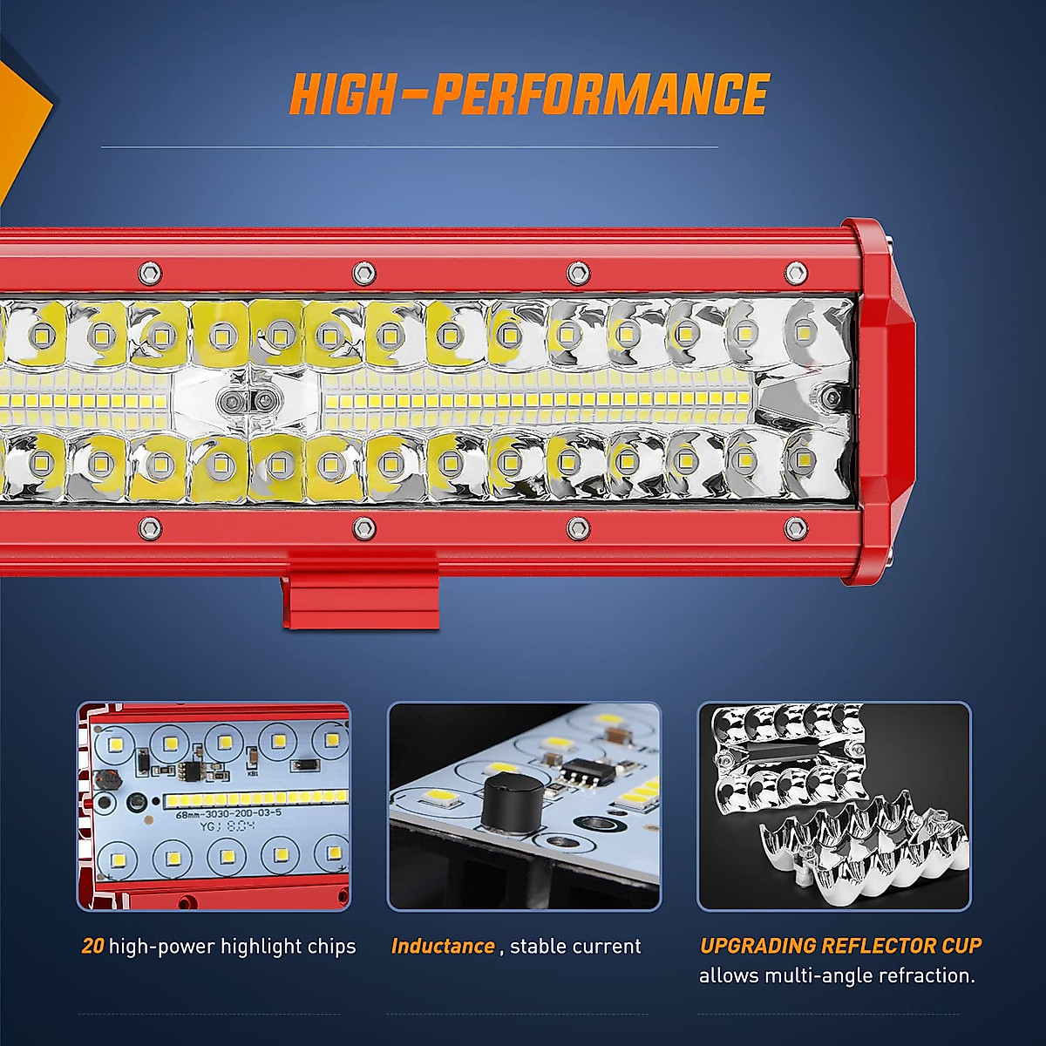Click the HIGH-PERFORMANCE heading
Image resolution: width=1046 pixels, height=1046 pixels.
[529, 94]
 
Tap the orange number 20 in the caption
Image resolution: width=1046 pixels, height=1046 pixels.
[92, 946]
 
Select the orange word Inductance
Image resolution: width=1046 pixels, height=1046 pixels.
[443, 946]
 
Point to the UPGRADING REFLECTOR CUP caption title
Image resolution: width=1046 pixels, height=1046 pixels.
[840, 946]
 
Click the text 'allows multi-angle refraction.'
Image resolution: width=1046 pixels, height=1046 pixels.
[837, 975]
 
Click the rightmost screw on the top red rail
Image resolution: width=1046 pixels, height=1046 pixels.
[795, 273]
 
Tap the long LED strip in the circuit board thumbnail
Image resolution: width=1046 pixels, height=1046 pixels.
[253, 798]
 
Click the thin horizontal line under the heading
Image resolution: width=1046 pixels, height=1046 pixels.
[410, 146]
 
